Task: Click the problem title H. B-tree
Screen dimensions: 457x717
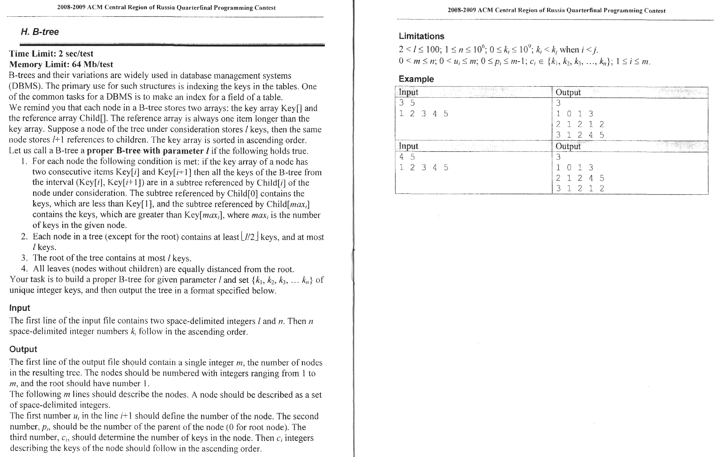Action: tap(40, 32)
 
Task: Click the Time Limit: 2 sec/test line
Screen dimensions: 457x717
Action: tap(51, 54)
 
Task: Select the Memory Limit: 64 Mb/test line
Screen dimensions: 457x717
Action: tap(61, 64)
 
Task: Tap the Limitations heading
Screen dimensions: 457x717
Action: tap(421, 36)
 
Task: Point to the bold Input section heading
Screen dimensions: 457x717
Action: tap(20, 308)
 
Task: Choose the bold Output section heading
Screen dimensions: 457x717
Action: tap(23, 349)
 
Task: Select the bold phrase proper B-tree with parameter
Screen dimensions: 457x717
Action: tap(145, 151)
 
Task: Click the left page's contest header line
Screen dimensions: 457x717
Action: tap(166, 8)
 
